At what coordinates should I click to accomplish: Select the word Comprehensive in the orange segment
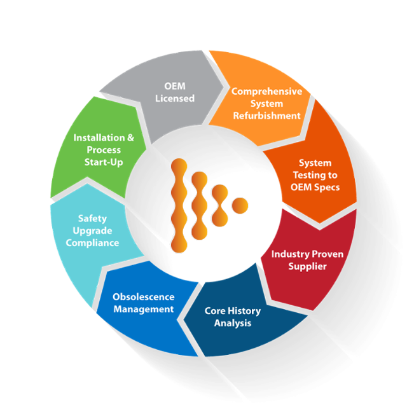[x=266, y=92]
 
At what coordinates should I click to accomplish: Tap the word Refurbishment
[x=266, y=116]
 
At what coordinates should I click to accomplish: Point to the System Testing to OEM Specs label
[x=315, y=175]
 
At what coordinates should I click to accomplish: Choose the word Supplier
[x=307, y=266]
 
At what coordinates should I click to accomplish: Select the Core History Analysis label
[x=232, y=317]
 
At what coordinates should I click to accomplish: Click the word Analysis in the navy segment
[x=232, y=323]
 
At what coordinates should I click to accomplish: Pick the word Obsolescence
[x=143, y=297]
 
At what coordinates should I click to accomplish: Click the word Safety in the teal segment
[x=92, y=219]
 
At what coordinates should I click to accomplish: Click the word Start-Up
[x=104, y=162]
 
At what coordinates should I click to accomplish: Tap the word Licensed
[x=174, y=99]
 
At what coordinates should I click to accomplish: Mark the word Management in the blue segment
[x=143, y=309]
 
